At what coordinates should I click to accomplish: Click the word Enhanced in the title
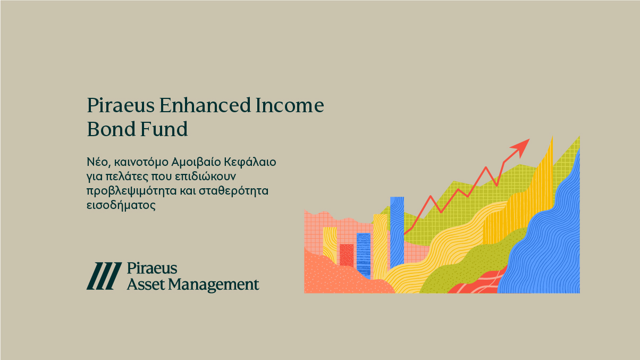205,105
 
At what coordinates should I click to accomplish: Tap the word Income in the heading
290,105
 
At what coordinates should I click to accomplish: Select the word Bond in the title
111,129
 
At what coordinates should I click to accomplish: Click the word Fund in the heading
164,129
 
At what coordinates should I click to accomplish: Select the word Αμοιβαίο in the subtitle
196,162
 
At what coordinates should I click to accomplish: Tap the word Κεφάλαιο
250,162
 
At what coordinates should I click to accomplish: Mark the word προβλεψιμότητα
131,191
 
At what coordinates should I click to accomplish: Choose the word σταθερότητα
234,190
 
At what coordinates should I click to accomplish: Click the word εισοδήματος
121,205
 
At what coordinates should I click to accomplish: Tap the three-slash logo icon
104,276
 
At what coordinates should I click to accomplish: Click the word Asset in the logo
146,284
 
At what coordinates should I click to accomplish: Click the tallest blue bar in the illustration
397,232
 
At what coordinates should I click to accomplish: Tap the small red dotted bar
347,255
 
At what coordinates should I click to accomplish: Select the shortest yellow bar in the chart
330,245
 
